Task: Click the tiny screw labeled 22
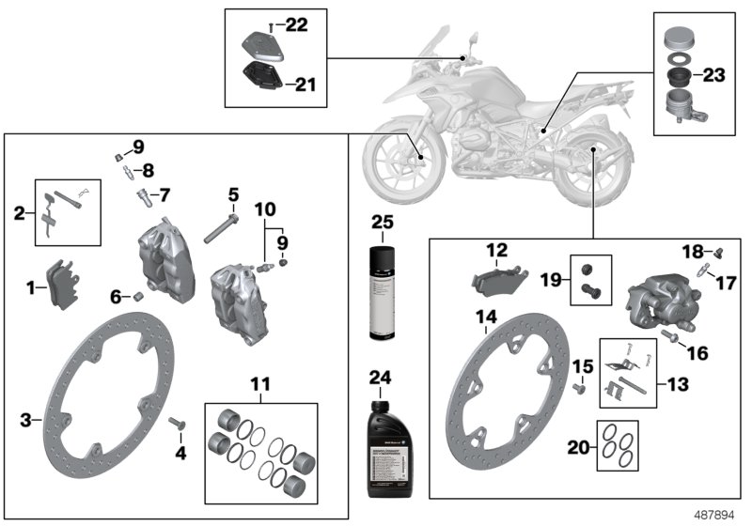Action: pyautogui.click(x=271, y=24)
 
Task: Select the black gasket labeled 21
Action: pyautogui.click(x=264, y=78)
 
